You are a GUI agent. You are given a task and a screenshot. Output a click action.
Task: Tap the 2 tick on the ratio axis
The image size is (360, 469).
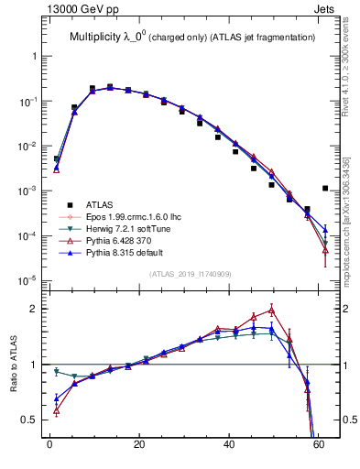click(36, 309)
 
